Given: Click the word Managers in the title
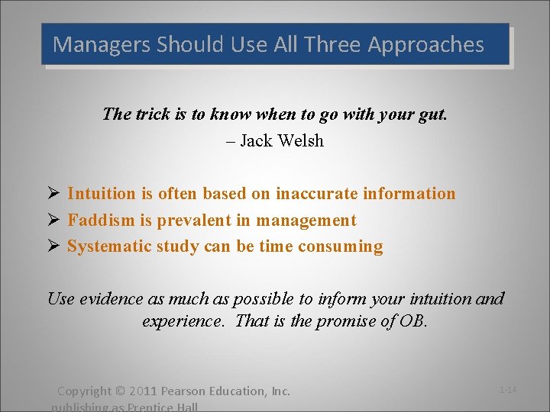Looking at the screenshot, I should [102, 44].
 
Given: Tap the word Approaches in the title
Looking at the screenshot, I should [426, 44].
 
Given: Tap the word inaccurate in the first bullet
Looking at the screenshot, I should [315, 194].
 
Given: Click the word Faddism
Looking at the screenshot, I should [99, 220].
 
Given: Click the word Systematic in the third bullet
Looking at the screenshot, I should [108, 246].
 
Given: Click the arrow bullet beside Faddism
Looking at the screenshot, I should [53, 220].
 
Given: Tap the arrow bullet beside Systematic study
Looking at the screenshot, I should [53, 246].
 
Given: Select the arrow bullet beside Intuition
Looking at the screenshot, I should [53, 194].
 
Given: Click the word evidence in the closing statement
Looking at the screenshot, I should [106, 298].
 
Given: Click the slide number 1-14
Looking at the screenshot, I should [508, 390].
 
